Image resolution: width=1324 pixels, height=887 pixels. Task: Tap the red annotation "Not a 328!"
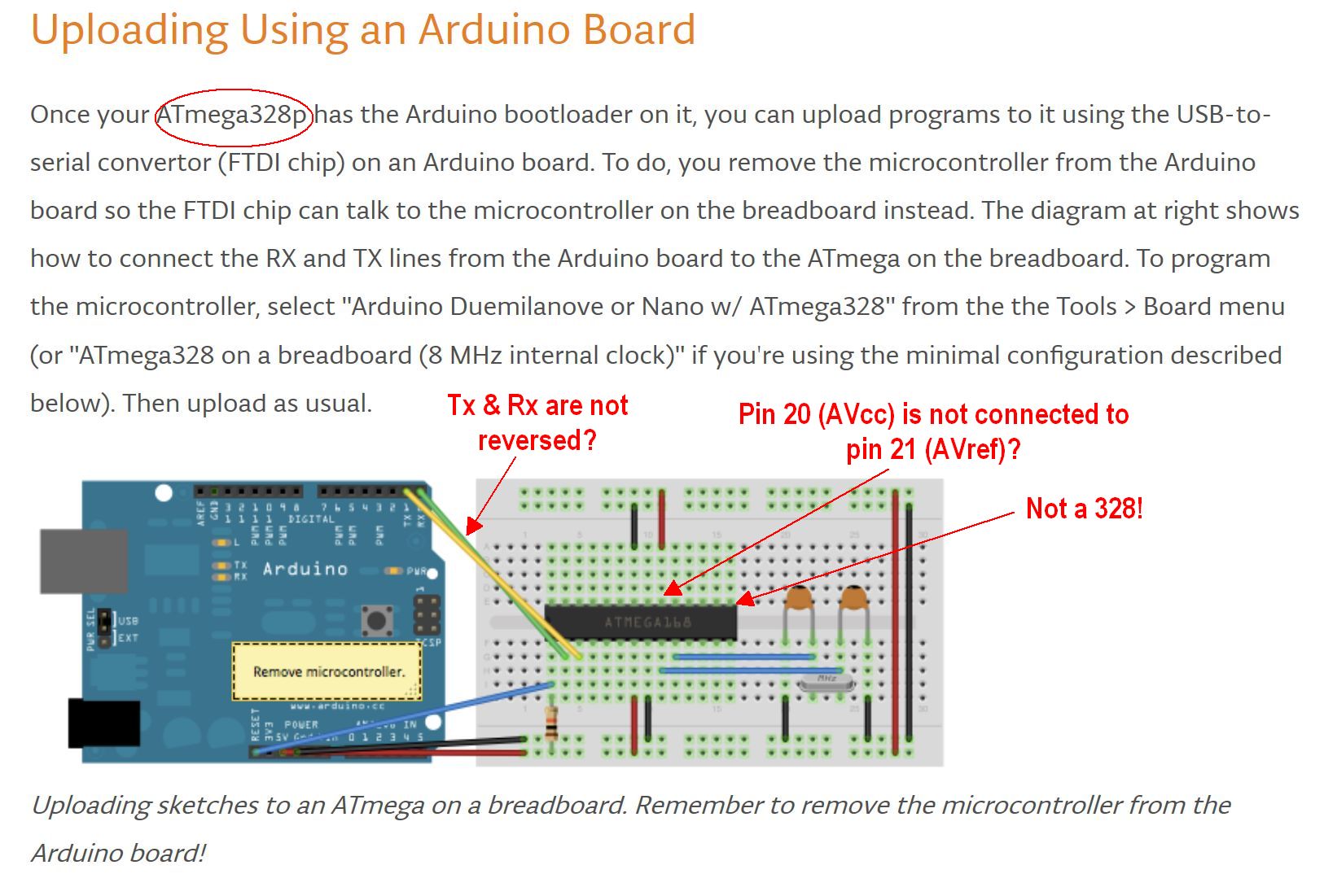[1084, 509]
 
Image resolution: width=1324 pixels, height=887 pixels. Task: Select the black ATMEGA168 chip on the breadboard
[641, 623]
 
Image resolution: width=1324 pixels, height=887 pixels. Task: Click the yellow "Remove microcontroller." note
[327, 671]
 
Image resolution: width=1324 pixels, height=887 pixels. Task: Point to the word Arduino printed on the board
[305, 569]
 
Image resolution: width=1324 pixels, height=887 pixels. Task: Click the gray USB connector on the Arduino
[83, 561]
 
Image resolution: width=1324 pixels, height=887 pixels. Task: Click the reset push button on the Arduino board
[376, 621]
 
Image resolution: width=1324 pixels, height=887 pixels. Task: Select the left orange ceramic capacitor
[799, 601]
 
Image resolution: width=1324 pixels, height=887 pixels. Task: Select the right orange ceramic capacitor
[853, 601]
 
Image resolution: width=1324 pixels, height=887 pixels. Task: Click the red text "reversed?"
[537, 440]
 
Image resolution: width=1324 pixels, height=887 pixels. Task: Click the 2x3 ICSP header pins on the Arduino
[427, 616]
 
